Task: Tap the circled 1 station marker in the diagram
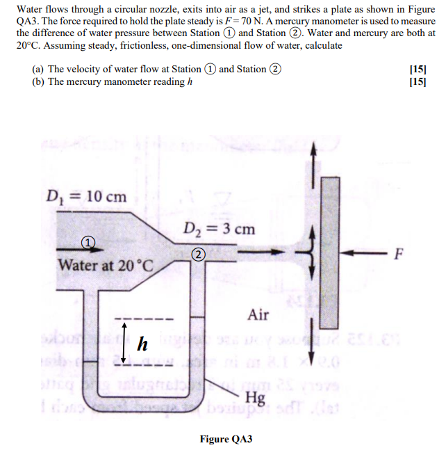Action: tap(88, 241)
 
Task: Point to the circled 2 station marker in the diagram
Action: tap(199, 255)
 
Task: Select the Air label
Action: tap(258, 315)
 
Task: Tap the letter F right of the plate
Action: tap(398, 253)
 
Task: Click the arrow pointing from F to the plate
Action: tap(366, 252)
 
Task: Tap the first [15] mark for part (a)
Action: tap(418, 69)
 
